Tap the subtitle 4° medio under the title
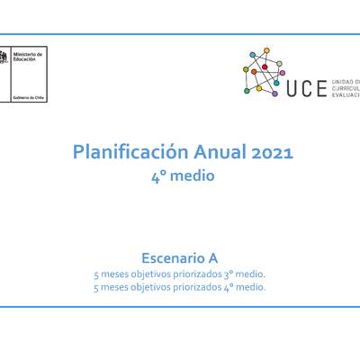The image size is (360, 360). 183,176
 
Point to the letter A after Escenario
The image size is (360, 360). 212,257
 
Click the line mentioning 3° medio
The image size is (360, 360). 180,274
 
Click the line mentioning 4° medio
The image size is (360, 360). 180,287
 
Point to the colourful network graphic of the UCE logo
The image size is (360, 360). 263,72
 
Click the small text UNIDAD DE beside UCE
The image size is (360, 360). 346,81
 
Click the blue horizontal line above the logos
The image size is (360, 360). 180,35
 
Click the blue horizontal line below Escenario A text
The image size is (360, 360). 180,306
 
